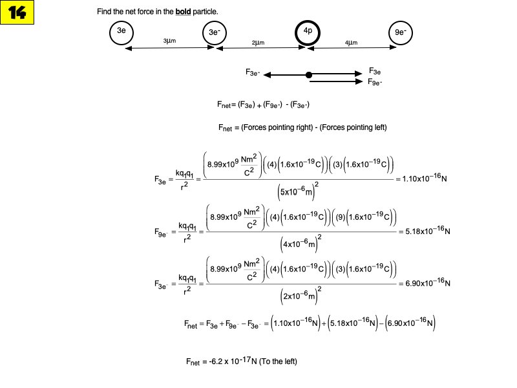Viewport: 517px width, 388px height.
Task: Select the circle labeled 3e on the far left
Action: (121, 34)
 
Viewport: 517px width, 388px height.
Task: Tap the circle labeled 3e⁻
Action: (215, 34)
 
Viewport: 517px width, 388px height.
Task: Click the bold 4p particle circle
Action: (308, 34)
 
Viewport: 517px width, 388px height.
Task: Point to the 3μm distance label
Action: (170, 41)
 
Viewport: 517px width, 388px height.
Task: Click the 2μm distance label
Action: (258, 43)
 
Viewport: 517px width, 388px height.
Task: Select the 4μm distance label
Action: (352, 43)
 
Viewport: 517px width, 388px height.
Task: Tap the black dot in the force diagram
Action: (309, 75)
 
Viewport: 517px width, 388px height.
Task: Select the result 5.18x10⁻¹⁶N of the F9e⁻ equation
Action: (425, 231)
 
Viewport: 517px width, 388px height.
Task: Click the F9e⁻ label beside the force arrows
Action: (375, 82)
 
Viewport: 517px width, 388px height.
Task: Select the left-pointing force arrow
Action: (284, 75)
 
